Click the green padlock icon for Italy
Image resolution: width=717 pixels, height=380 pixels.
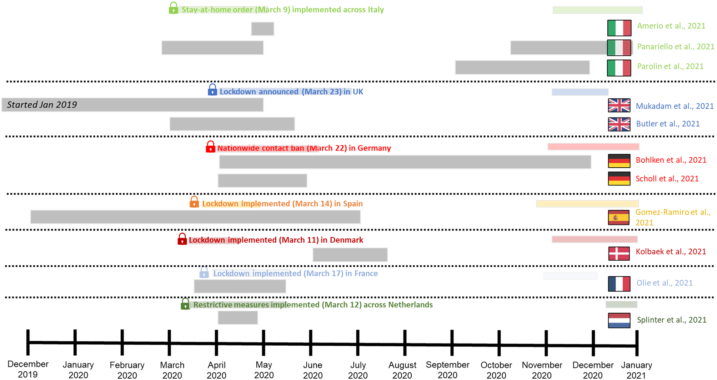[173, 8]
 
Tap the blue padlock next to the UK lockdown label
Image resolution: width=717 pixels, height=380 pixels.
[212, 90]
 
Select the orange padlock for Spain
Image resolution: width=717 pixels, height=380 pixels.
[194, 202]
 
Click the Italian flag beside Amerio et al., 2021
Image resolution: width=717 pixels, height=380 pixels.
[619, 28]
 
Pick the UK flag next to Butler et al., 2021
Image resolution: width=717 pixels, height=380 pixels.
[619, 124]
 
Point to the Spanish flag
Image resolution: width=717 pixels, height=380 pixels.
[618, 217]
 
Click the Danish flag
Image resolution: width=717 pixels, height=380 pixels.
[619, 253]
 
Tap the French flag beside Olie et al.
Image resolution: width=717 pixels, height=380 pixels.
[619, 284]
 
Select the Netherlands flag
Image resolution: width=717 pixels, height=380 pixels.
[619, 320]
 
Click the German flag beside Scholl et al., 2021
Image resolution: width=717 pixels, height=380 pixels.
[619, 179]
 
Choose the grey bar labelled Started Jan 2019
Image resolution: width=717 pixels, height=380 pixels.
[132, 105]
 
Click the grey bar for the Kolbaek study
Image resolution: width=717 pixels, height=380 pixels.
[350, 255]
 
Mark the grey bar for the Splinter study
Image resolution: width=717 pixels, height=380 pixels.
[238, 317]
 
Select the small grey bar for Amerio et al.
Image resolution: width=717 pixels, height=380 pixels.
[262, 29]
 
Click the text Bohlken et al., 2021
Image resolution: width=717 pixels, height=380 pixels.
[671, 160]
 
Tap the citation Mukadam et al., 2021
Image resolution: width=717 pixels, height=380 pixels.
[675, 106]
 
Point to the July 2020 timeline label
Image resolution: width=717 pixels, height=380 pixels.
[358, 370]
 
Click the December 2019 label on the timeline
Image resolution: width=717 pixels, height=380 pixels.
[28, 369]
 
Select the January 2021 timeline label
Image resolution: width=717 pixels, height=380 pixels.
[636, 370]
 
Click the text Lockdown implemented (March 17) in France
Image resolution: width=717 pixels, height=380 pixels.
[295, 273]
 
